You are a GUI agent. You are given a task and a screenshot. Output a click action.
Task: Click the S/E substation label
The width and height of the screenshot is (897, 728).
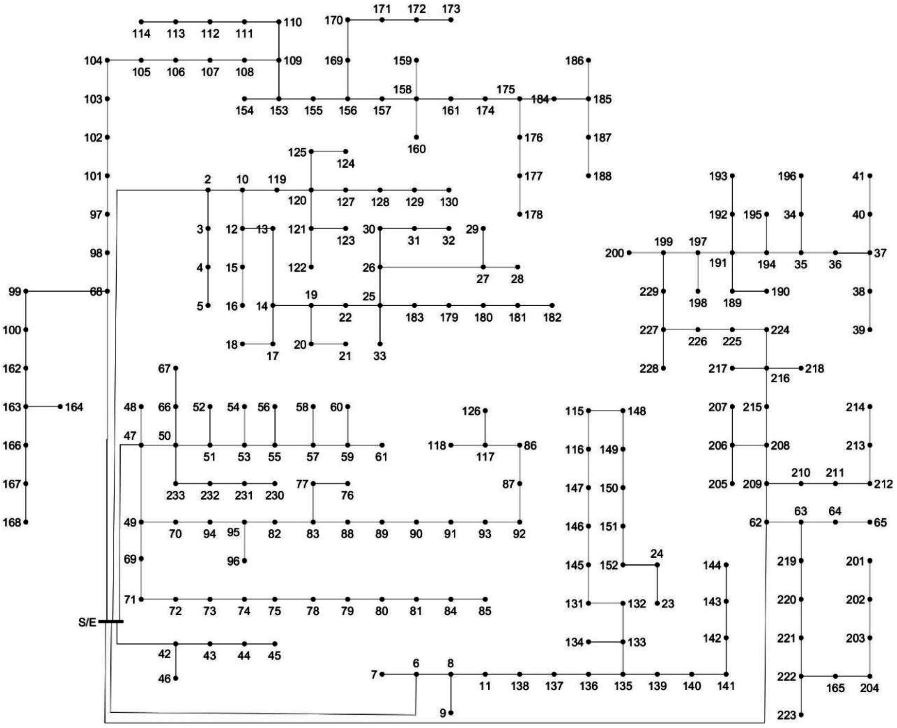[x=87, y=622]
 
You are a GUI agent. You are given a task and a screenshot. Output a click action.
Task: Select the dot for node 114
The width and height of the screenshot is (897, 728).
[x=141, y=22]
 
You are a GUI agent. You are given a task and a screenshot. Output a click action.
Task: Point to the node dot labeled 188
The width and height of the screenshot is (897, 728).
[x=588, y=176]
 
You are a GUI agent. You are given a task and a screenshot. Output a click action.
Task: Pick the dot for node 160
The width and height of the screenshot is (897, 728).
[x=416, y=137]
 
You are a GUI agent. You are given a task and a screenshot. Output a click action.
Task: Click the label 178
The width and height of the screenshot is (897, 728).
[x=533, y=215]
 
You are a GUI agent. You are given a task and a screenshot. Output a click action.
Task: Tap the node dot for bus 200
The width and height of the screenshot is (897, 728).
[x=629, y=253]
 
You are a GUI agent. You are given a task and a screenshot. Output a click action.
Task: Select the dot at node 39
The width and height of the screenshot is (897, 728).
[x=870, y=330]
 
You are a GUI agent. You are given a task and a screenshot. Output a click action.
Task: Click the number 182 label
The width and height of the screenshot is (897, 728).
[x=552, y=317]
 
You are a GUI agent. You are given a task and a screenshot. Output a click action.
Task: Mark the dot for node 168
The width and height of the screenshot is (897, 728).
[x=26, y=522]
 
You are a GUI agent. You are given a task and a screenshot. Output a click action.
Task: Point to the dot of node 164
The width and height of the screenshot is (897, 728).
[x=60, y=406]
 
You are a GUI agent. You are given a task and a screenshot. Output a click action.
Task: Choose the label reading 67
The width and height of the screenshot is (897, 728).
[x=164, y=369]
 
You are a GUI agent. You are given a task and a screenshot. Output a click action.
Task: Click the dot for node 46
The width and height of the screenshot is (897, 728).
[x=176, y=678]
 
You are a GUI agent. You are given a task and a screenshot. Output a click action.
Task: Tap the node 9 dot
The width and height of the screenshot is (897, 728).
[x=451, y=713]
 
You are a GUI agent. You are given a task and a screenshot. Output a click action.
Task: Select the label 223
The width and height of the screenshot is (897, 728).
[x=786, y=715]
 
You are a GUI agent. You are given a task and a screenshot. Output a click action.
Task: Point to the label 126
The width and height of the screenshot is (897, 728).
[x=471, y=411]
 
